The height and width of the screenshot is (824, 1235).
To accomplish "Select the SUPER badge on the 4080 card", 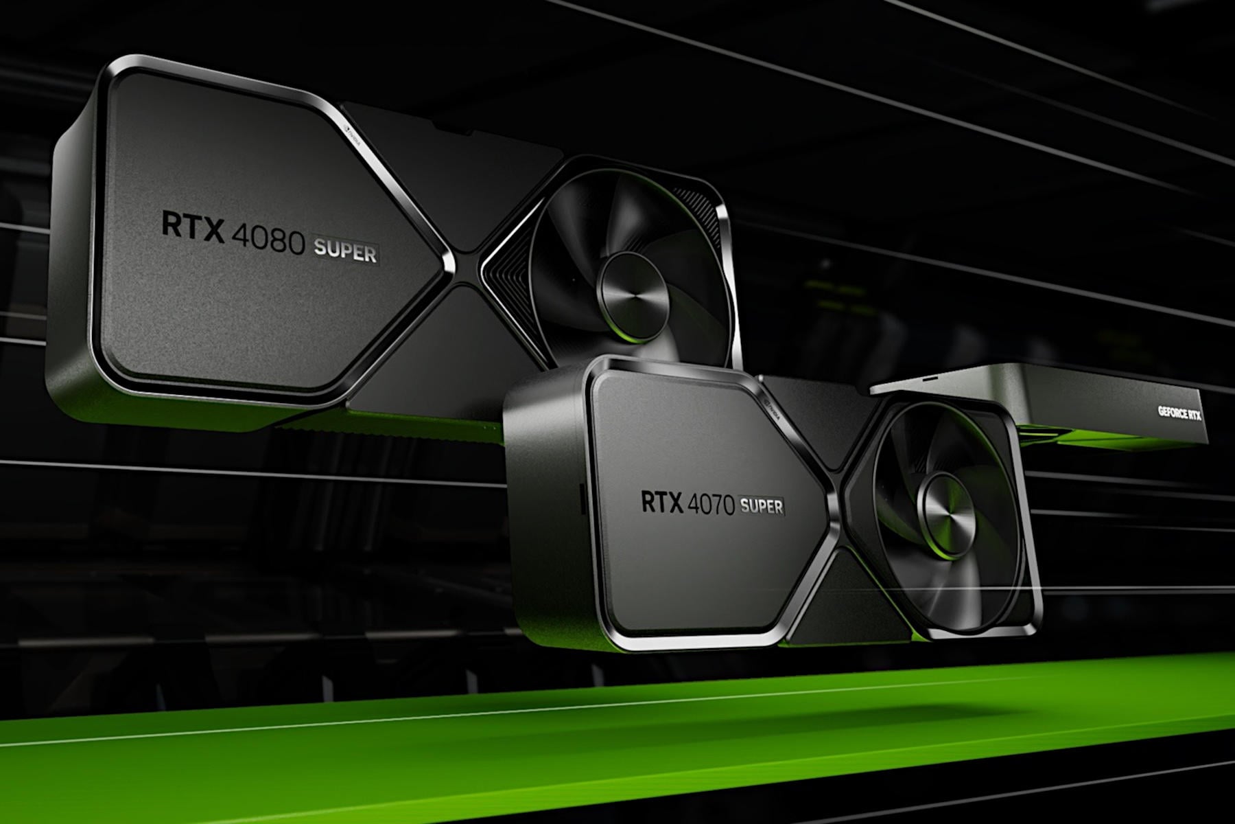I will click(x=345, y=252).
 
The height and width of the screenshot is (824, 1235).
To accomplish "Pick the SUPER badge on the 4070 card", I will click(x=761, y=507).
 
